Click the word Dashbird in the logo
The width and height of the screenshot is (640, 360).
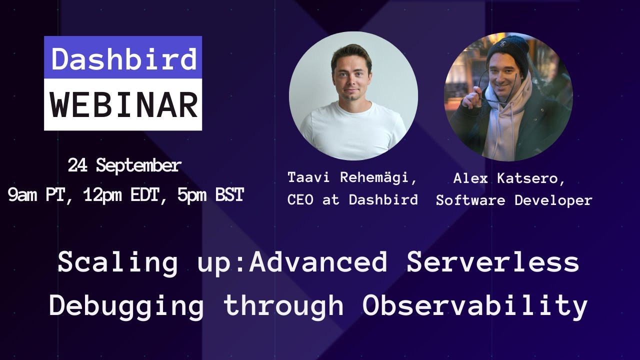[x=123, y=58]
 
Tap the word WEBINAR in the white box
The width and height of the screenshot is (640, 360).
[x=123, y=104]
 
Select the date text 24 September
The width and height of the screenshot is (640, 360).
[x=124, y=165]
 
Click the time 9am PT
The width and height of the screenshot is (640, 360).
[x=36, y=195]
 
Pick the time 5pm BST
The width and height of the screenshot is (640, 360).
[x=210, y=195]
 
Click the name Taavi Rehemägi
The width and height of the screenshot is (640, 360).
[x=352, y=177]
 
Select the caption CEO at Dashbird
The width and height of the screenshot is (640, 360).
[x=352, y=199]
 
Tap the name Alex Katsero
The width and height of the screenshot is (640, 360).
[x=509, y=178]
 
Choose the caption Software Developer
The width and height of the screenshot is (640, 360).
[x=514, y=200]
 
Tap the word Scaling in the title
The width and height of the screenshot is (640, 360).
[x=117, y=262]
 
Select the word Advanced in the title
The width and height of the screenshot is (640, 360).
[x=318, y=262]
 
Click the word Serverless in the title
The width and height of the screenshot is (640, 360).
[x=492, y=262]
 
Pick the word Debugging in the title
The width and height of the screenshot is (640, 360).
[x=126, y=305]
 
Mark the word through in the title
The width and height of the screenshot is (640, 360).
[x=283, y=305]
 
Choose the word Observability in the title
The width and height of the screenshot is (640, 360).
[x=474, y=305]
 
